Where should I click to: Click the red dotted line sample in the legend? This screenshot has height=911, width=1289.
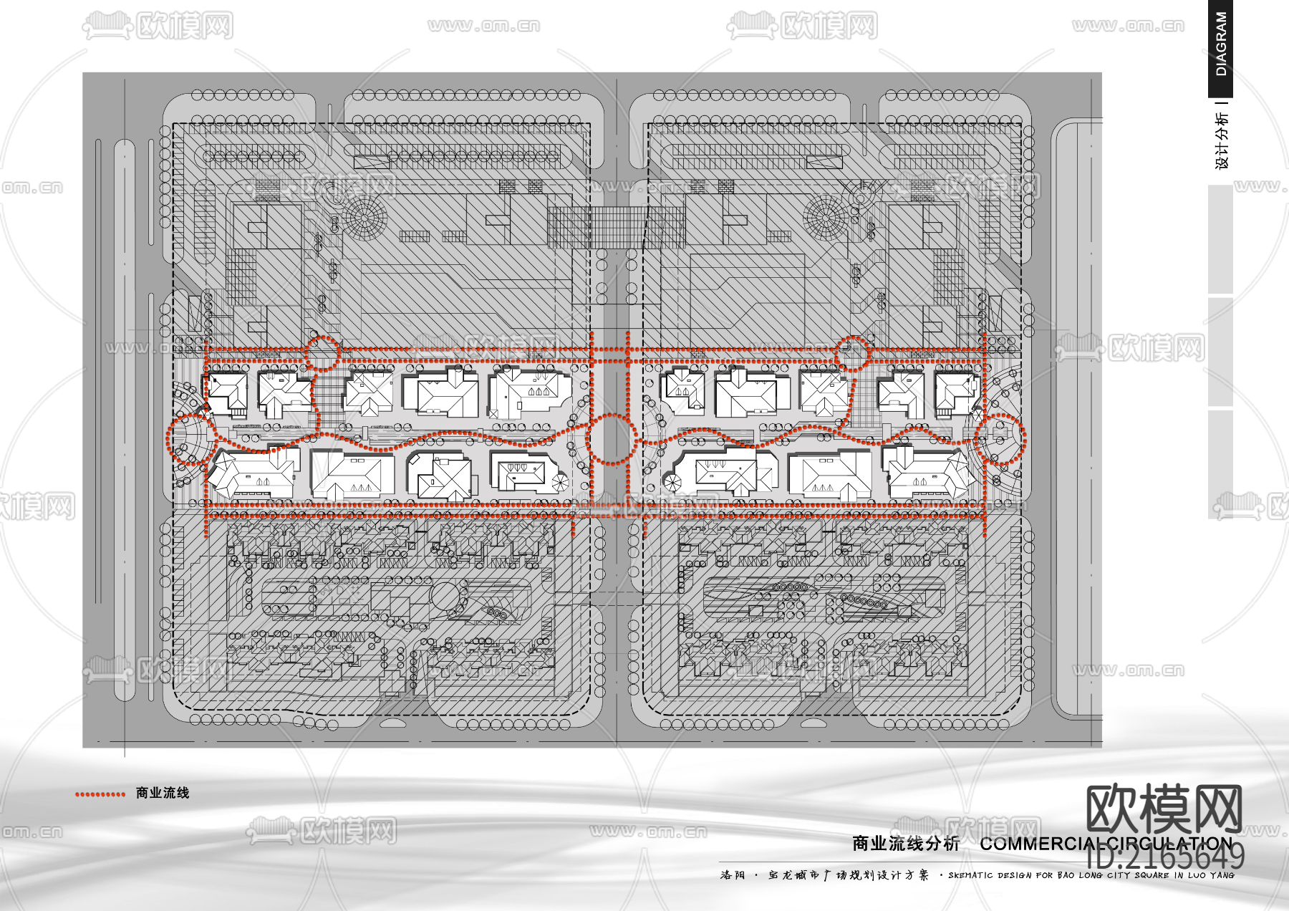[x=100, y=794]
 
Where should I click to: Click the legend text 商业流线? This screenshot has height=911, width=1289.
[x=163, y=793]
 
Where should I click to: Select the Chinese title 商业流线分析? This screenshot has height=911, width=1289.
[x=905, y=844]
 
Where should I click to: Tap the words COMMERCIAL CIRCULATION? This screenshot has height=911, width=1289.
[x=1106, y=844]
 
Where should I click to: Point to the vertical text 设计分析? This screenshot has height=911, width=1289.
[x=1221, y=140]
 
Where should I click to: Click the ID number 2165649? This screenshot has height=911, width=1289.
[x=1166, y=857]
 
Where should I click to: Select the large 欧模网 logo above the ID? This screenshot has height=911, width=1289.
[x=1164, y=809]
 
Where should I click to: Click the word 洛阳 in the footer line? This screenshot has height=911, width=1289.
[x=733, y=875]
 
